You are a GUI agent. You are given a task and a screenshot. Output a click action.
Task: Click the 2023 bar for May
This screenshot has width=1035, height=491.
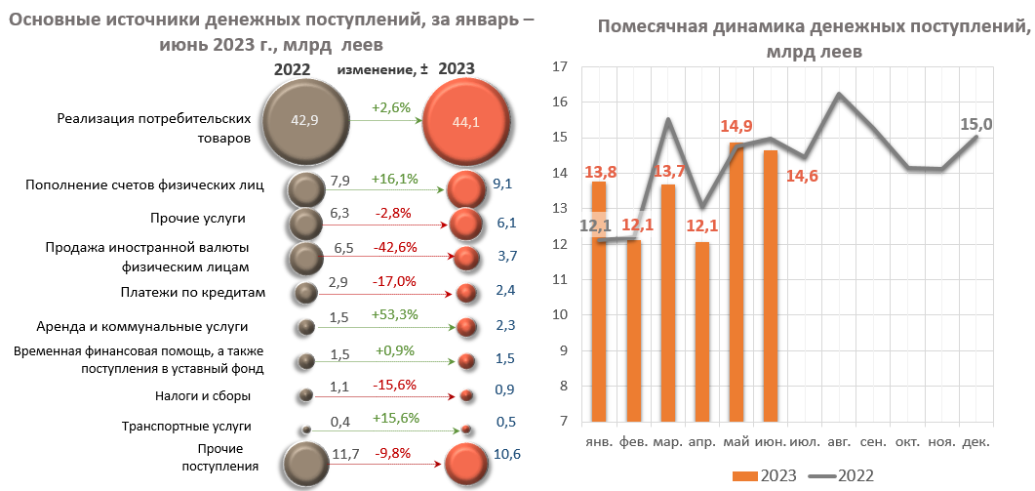coord(736,283)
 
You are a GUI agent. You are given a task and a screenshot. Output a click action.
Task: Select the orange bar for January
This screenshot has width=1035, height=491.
coord(599,303)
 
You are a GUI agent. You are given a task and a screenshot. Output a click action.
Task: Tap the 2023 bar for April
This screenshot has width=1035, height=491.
coord(702,332)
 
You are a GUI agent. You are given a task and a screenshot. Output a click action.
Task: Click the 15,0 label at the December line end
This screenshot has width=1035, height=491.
coord(975,124)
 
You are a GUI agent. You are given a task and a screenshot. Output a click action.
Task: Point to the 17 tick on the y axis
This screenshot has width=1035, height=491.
coord(560,67)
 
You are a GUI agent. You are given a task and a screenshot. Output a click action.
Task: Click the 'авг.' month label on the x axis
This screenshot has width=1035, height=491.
coord(840,442)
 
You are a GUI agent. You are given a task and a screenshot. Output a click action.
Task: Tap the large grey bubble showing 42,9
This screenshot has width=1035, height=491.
coord(306,121)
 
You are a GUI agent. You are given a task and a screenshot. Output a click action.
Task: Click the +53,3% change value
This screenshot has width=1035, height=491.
coord(395,315)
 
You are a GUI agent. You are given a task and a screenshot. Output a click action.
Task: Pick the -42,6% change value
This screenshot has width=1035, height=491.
coord(395,247)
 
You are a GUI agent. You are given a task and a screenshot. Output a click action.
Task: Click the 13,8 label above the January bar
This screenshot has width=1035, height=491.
coord(600,173)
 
